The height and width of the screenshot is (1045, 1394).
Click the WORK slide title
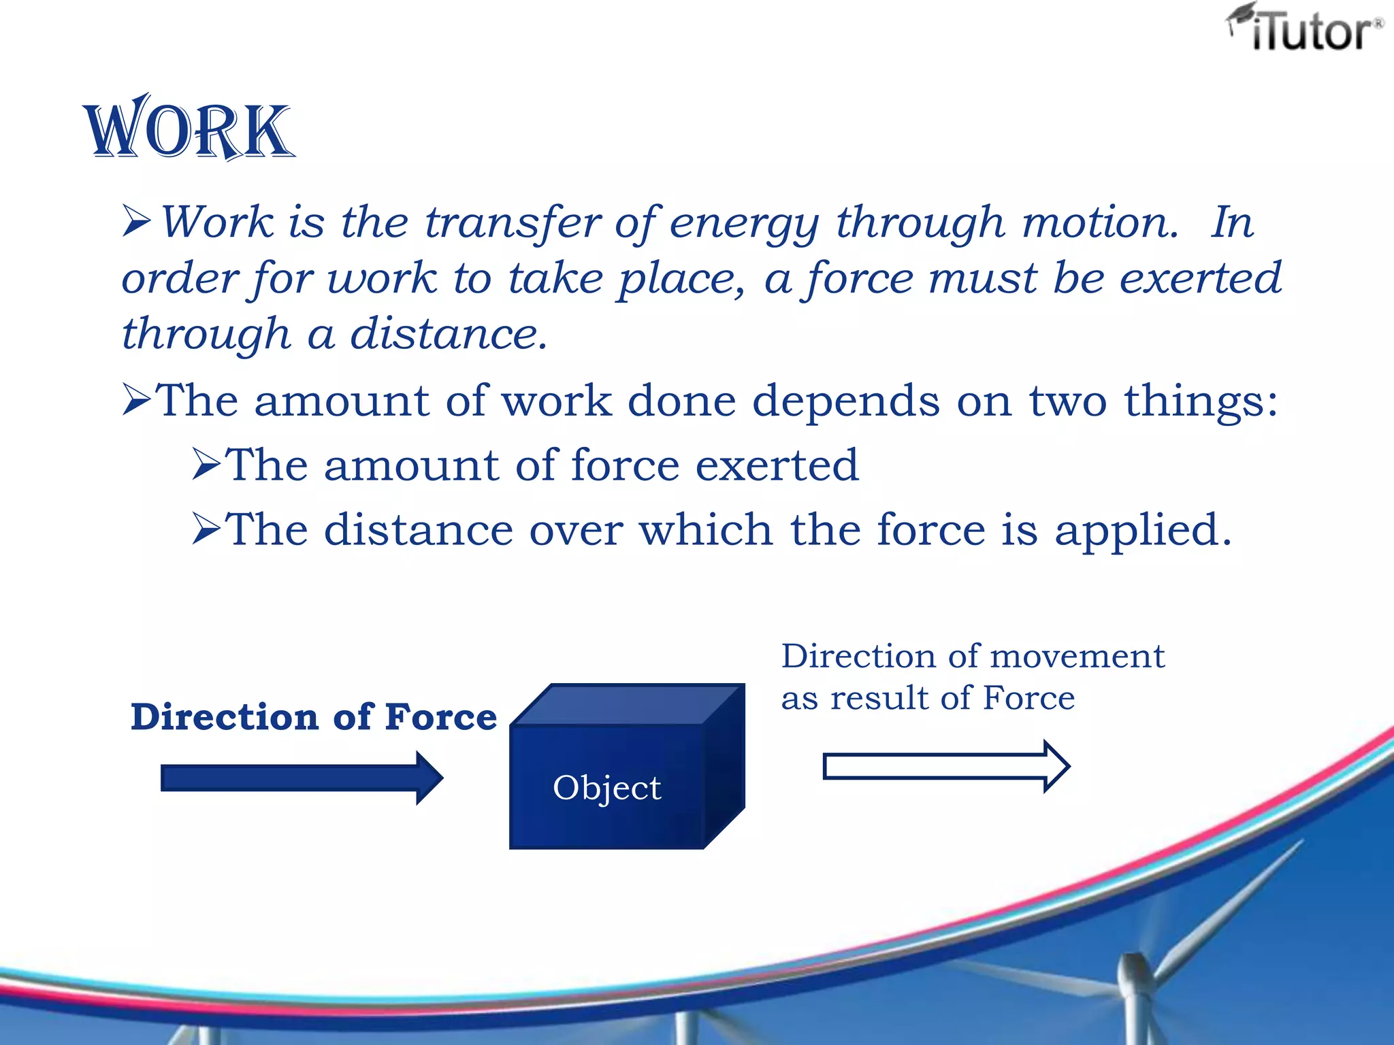coord(189,129)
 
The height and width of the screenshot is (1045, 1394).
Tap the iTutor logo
coord(1306,29)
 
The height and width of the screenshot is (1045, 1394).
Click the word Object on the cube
coord(606,788)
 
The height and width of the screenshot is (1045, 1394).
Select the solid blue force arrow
coord(301,778)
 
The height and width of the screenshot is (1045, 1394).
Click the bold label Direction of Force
coord(314,717)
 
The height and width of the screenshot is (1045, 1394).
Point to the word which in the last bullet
coord(705,530)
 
